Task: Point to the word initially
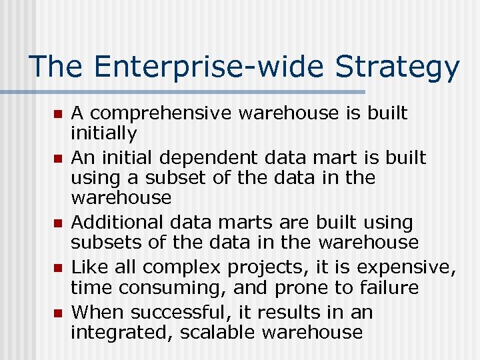point(104,134)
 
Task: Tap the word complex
point(183,268)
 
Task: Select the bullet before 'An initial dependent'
point(57,159)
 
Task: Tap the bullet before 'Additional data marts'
point(57,223)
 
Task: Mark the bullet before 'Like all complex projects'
point(57,268)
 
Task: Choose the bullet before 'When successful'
point(57,313)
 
